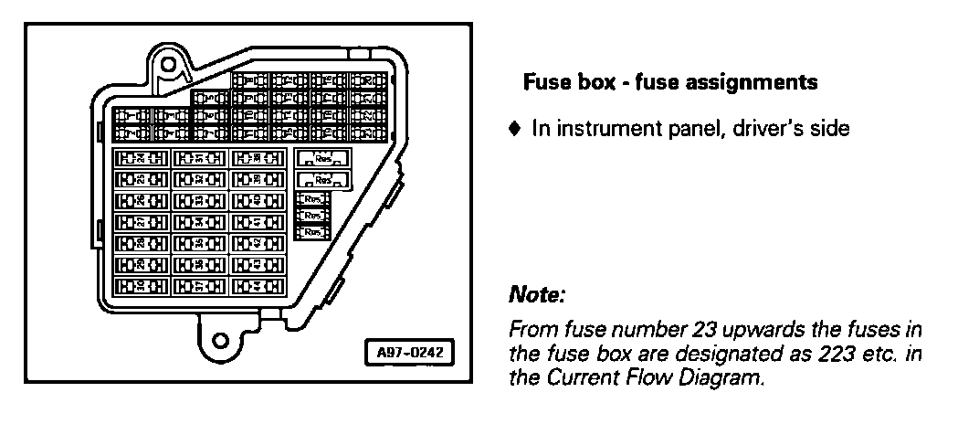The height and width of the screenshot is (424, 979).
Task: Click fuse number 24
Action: click(139, 158)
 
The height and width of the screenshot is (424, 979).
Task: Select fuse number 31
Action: click(198, 158)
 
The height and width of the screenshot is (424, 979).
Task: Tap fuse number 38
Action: click(258, 158)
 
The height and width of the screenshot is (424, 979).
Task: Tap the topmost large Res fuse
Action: click(321, 157)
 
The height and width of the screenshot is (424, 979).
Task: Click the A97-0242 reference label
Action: click(409, 352)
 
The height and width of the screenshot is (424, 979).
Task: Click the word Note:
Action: click(537, 296)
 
